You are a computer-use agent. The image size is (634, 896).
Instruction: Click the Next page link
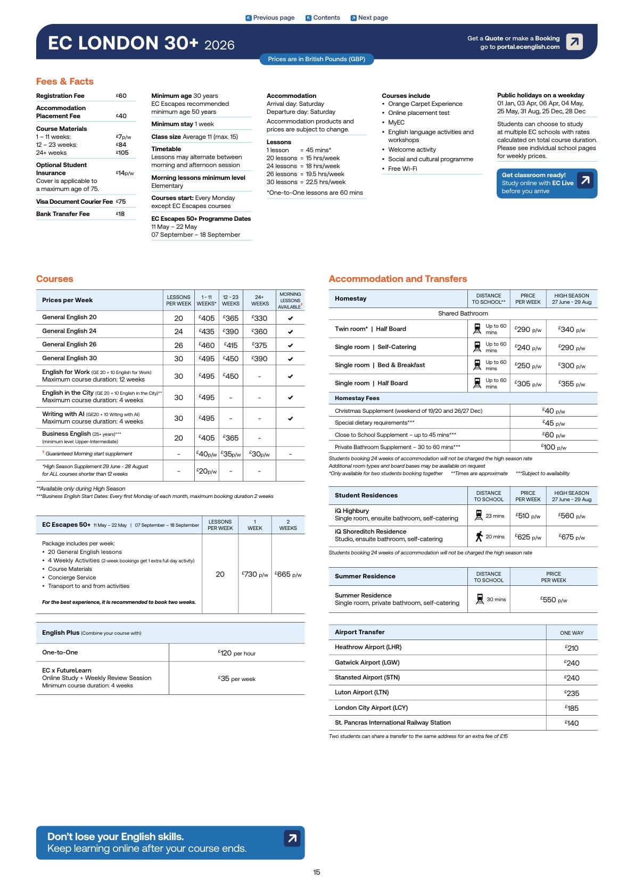(369, 18)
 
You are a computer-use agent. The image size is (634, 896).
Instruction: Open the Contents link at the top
(323, 18)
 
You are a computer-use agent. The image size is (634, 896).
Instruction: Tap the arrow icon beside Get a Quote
(574, 42)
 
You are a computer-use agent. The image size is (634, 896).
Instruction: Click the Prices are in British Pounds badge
(317, 59)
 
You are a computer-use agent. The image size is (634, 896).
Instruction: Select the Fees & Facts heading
(65, 81)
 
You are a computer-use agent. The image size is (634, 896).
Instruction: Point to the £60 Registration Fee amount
(121, 96)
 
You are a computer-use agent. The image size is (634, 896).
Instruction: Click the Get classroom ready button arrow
(585, 180)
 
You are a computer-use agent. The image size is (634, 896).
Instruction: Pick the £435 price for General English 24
(207, 331)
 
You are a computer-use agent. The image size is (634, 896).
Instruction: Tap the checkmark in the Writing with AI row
(290, 418)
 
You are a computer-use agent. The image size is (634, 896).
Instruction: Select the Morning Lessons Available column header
(290, 301)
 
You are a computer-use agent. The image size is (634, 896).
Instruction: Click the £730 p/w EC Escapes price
(255, 575)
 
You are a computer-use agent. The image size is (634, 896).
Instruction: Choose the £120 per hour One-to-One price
(236, 653)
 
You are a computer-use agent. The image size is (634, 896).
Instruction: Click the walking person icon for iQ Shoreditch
(479, 536)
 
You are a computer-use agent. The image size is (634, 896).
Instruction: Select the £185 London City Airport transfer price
(572, 708)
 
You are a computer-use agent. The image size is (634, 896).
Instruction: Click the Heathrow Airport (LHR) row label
(368, 647)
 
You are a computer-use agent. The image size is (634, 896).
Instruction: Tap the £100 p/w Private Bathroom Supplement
(554, 447)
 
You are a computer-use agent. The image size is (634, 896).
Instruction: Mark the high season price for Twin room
(572, 330)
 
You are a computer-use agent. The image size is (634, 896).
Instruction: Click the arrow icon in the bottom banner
(292, 839)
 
